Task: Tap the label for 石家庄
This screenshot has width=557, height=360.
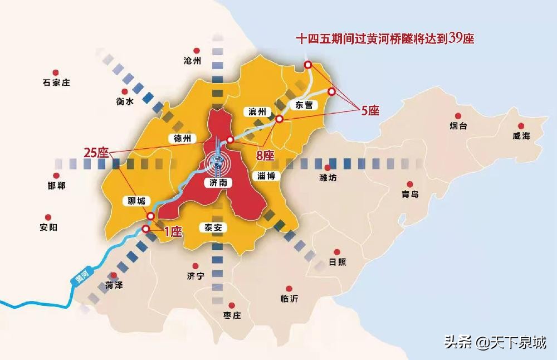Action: (56, 83)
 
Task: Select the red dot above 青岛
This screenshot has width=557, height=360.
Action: (410, 184)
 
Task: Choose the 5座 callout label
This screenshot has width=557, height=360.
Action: (370, 111)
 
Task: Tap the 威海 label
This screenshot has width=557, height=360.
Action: (522, 136)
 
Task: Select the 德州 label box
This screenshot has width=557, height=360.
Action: (182, 138)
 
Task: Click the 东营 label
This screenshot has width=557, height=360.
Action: (303, 105)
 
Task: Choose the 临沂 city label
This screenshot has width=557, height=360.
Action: (290, 299)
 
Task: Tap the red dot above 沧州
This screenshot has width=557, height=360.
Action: (192, 50)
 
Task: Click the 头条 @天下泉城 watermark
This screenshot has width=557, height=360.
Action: (495, 342)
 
